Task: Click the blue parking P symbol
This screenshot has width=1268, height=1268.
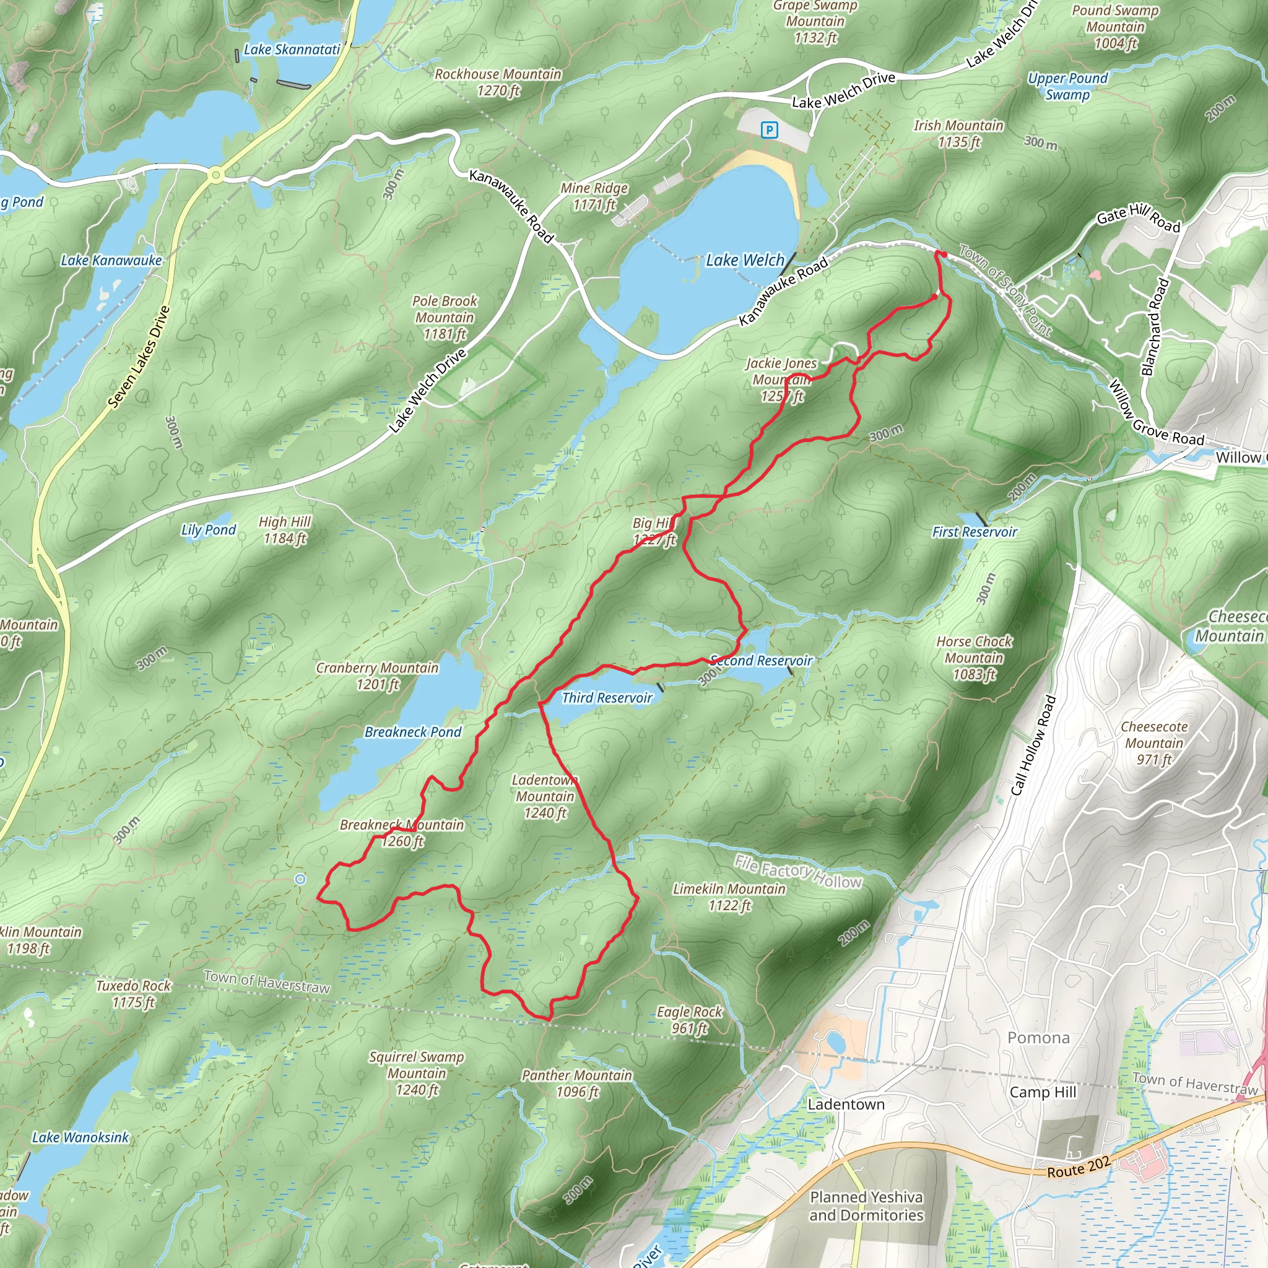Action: (x=768, y=130)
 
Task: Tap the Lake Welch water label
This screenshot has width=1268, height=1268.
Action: (x=744, y=261)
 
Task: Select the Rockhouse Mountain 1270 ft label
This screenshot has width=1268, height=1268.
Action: (x=498, y=82)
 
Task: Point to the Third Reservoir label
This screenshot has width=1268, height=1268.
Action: (x=607, y=698)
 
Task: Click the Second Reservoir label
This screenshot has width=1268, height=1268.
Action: (x=762, y=660)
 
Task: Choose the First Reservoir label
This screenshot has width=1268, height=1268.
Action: (x=974, y=532)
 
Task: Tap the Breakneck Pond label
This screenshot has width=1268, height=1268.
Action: (x=413, y=732)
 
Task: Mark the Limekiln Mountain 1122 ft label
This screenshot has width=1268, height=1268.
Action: (x=729, y=897)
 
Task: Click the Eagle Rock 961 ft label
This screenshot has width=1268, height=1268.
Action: (x=689, y=1020)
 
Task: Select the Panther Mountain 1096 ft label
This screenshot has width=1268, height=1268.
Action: (x=577, y=1083)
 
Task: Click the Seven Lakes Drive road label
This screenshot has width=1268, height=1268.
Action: (x=139, y=358)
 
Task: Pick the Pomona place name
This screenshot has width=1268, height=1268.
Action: (x=1038, y=1038)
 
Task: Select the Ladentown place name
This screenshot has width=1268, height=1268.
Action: (x=846, y=1104)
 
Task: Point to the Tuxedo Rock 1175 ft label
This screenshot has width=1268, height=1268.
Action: (x=133, y=994)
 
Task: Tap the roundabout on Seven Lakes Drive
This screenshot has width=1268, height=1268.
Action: (x=215, y=175)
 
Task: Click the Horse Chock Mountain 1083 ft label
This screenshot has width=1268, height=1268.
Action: (x=974, y=658)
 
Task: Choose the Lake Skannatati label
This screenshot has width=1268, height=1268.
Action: (x=292, y=50)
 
